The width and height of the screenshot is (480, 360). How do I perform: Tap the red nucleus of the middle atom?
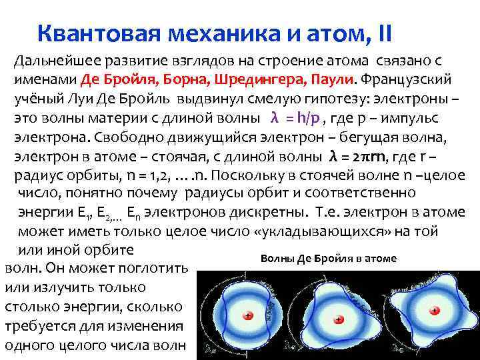pyautogui.click(x=339, y=320)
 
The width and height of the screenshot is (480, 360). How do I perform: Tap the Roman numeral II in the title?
pyautogui.click(x=383, y=32)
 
